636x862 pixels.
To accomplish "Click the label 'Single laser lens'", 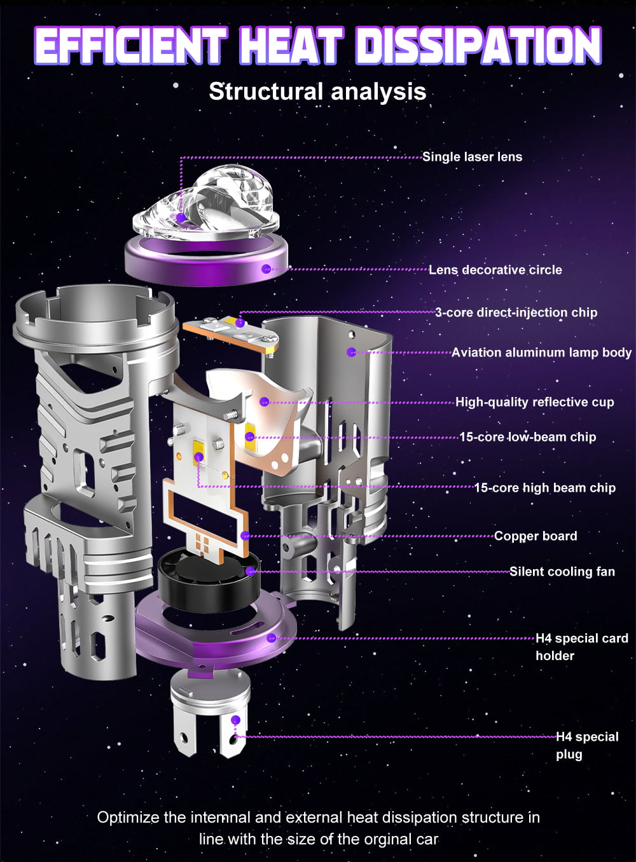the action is pyautogui.click(x=473, y=157).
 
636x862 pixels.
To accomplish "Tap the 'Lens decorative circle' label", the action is pyautogui.click(x=495, y=270).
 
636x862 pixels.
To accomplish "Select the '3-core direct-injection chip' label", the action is pyautogui.click(x=516, y=312).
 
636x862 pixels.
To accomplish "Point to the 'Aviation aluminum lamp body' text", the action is pyautogui.click(x=541, y=353).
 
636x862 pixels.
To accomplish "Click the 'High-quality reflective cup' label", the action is pyautogui.click(x=535, y=402).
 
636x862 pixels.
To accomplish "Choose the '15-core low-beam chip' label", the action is pyautogui.click(x=528, y=437).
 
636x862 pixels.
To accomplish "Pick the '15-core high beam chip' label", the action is pyautogui.click(x=544, y=488).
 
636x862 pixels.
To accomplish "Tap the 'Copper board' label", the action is pyautogui.click(x=536, y=536).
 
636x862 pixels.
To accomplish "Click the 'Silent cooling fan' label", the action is pyautogui.click(x=562, y=572).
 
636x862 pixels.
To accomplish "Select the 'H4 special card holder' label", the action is pyautogui.click(x=582, y=647).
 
